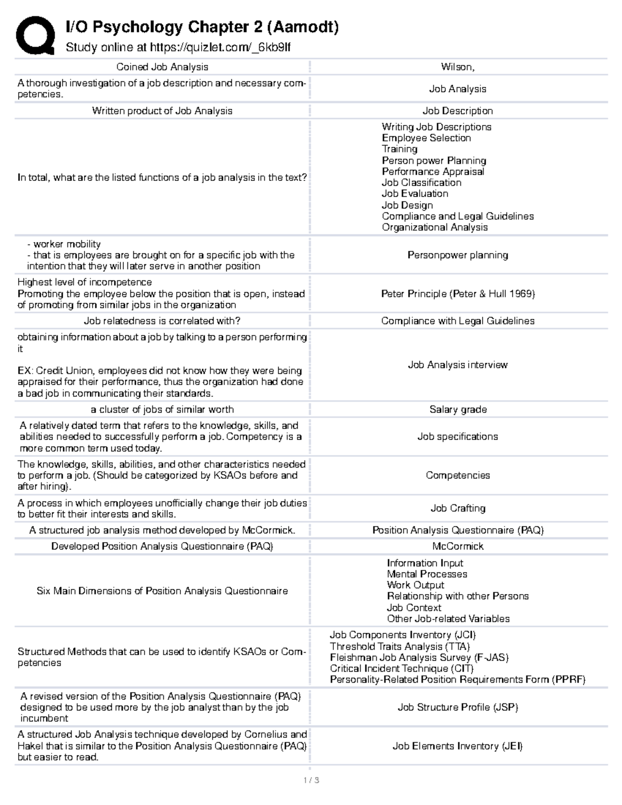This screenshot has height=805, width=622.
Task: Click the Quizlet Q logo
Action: pyautogui.click(x=35, y=35)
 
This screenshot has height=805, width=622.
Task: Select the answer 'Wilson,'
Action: pyautogui.click(x=458, y=67)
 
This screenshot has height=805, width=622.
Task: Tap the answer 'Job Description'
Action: pyautogui.click(x=458, y=111)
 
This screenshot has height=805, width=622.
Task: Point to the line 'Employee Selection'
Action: pyautogui.click(x=426, y=138)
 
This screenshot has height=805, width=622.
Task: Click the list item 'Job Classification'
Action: pyautogui.click(x=421, y=182)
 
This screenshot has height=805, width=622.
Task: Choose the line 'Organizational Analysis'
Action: pyautogui.click(x=434, y=227)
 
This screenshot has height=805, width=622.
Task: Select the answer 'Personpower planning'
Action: pyautogui.click(x=458, y=255)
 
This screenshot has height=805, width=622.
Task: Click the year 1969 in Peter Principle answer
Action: pyautogui.click(x=520, y=294)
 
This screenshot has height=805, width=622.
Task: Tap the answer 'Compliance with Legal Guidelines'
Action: pyautogui.click(x=458, y=321)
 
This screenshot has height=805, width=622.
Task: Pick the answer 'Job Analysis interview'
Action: pyautogui.click(x=458, y=365)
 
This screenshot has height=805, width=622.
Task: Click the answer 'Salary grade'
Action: pyautogui.click(x=458, y=409)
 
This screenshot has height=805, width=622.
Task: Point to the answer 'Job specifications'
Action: pyautogui.click(x=458, y=436)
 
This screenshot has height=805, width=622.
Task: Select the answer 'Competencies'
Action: pyautogui.click(x=458, y=475)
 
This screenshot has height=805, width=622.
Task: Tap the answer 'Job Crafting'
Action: pyautogui.click(x=458, y=509)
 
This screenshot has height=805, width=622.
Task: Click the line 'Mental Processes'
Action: pyautogui.click(x=427, y=574)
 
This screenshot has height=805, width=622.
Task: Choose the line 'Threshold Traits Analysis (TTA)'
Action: pyautogui.click(x=400, y=646)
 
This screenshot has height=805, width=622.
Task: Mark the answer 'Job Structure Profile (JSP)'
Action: pyautogui.click(x=458, y=707)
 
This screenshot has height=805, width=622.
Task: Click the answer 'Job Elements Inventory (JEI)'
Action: pyautogui.click(x=458, y=746)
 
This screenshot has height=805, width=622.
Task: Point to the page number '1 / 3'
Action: pyautogui.click(x=311, y=780)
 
